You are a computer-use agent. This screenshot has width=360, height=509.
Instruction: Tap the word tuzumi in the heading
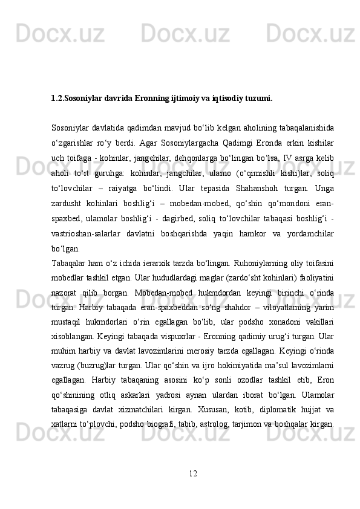pos(258,97)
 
